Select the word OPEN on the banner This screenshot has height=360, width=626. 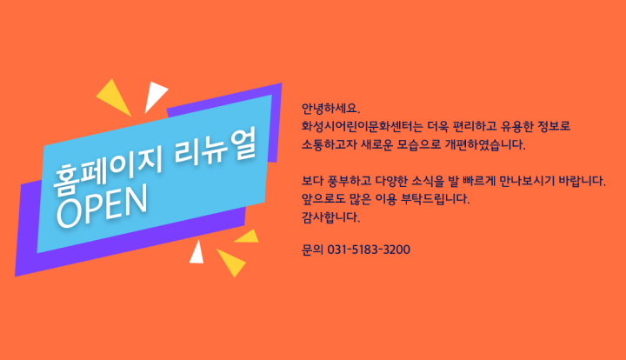(103, 208)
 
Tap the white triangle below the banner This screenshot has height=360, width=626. (196, 252)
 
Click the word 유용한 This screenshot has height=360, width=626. (519, 126)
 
